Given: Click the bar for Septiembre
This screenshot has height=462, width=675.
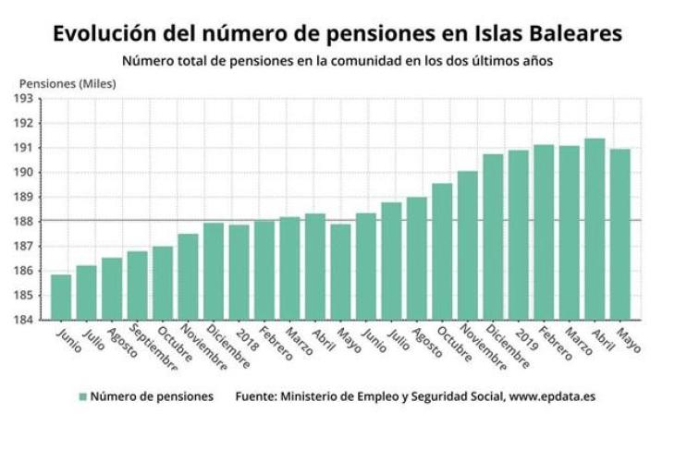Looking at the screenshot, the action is click(138, 286).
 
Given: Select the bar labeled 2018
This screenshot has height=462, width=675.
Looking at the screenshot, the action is click(239, 273).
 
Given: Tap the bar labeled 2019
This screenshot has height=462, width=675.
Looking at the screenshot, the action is click(519, 236).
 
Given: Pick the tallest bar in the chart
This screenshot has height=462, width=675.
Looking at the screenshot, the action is click(595, 229).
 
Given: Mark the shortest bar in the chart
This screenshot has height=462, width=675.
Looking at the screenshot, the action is click(61, 298).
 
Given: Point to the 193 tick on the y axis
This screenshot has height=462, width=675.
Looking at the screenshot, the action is click(24, 99).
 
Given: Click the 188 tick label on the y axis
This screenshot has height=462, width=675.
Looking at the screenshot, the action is click(24, 222).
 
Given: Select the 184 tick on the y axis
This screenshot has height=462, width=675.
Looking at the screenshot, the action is click(24, 320).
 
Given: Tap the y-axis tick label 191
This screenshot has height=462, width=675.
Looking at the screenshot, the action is click(24, 148).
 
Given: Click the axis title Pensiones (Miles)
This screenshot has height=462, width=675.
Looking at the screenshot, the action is click(67, 83).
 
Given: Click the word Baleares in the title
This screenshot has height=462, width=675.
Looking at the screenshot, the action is click(575, 33).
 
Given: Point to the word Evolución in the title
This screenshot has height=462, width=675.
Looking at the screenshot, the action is click(104, 33).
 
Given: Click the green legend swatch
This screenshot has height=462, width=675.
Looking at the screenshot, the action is click(83, 396).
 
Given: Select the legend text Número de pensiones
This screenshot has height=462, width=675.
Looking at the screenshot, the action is click(152, 396).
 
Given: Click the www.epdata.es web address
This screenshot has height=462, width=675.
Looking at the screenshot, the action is click(552, 396).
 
